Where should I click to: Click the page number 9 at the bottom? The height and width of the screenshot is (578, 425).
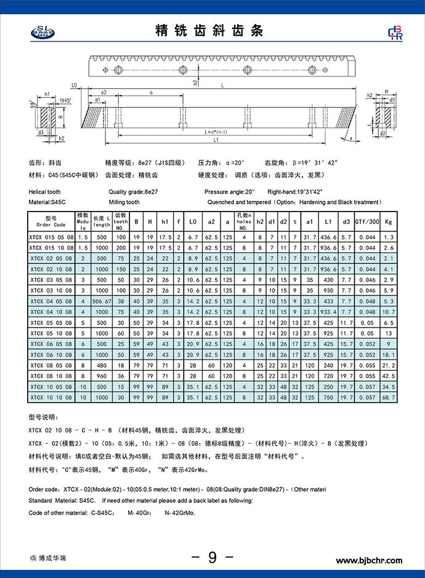[212, 558]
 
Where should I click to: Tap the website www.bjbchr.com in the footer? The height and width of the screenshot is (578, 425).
[368, 560]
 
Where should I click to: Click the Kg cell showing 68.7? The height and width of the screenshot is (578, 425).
[388, 398]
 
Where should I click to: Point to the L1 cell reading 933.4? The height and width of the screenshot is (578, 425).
[328, 312]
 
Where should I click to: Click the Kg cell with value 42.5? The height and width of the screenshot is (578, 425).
[388, 376]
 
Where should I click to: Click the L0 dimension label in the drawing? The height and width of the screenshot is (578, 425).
[73, 86]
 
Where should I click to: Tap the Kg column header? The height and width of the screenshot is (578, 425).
[388, 221]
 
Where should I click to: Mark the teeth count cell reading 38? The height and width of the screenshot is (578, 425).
[121, 301]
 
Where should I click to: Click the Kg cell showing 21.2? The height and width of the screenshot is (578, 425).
[388, 365]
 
